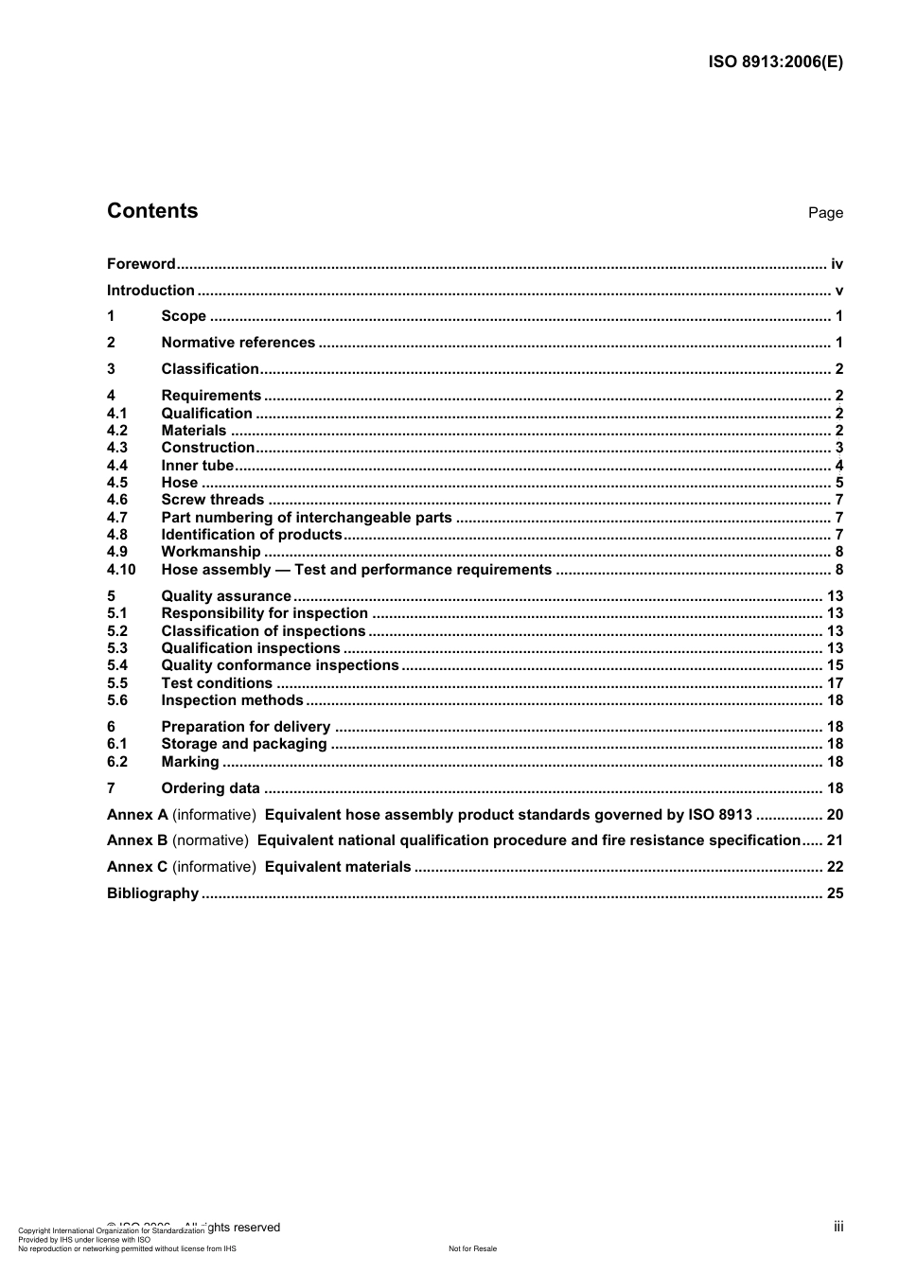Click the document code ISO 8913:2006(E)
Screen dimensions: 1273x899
click(x=775, y=62)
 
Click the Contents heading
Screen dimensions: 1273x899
click(x=152, y=211)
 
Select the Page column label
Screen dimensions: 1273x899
click(x=825, y=213)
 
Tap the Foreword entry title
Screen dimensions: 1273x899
click(x=141, y=264)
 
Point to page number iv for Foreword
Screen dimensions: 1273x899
click(x=837, y=264)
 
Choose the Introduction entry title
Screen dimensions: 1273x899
click(x=150, y=291)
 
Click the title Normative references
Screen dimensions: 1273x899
click(x=238, y=343)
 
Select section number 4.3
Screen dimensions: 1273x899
click(x=117, y=448)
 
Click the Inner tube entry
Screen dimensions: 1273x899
click(x=197, y=466)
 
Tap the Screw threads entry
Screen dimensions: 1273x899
click(x=212, y=500)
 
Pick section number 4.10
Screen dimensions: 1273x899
click(x=121, y=570)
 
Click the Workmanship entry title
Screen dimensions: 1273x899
click(x=210, y=552)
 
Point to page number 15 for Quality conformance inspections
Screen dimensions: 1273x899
click(x=835, y=665)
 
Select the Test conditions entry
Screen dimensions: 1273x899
click(x=217, y=683)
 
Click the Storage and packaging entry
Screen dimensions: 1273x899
click(x=243, y=744)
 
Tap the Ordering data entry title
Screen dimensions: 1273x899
click(x=210, y=788)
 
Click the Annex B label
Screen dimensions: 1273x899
click(x=137, y=840)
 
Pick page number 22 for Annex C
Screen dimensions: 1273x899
click(x=835, y=867)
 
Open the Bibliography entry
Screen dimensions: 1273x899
click(x=152, y=893)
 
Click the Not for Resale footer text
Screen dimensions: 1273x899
click(x=472, y=1248)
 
